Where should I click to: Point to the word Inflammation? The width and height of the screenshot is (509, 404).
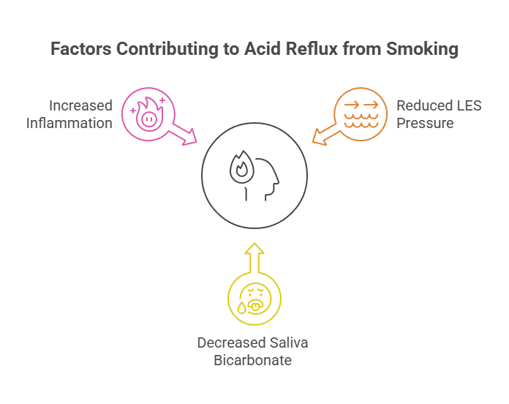[69, 122]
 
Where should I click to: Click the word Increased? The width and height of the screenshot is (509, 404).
[80, 106]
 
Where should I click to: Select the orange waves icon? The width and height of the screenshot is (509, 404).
[361, 114]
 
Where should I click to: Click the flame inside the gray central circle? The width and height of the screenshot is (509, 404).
[241, 169]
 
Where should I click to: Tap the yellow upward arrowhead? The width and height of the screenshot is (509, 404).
[254, 252]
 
